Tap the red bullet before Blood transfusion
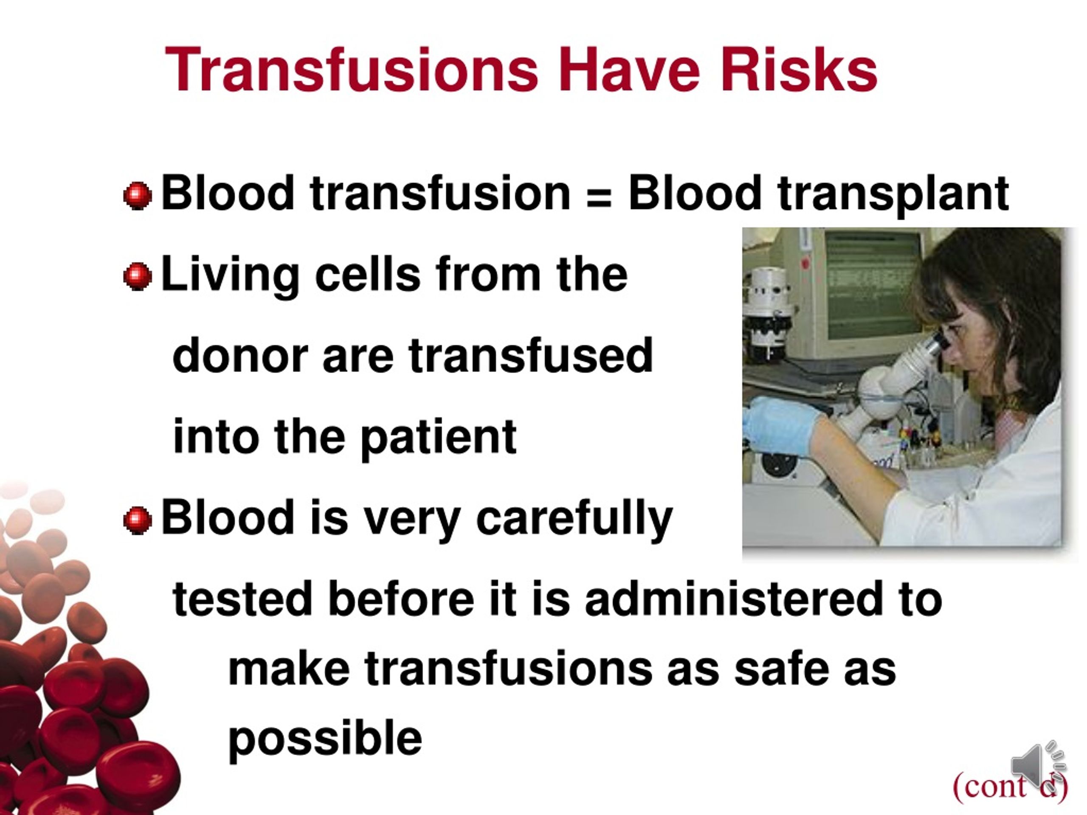[138, 196]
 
